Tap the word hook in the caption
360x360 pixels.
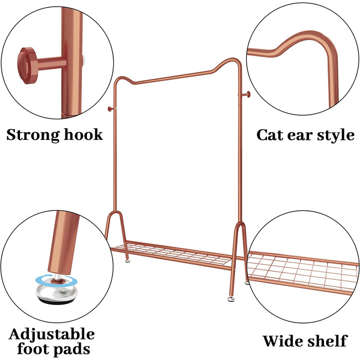pyautogui.click(x=83, y=134)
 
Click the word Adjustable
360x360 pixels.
pyautogui.click(x=51, y=334)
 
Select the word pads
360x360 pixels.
pyautogui.click(x=71, y=350)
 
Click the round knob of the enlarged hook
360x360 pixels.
pyautogui.click(x=27, y=65)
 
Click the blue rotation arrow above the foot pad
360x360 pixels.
pyautogui.click(x=57, y=281)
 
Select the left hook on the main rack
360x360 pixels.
pyautogui.click(x=111, y=109)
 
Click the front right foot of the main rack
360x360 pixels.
pyautogui.click(x=231, y=299)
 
